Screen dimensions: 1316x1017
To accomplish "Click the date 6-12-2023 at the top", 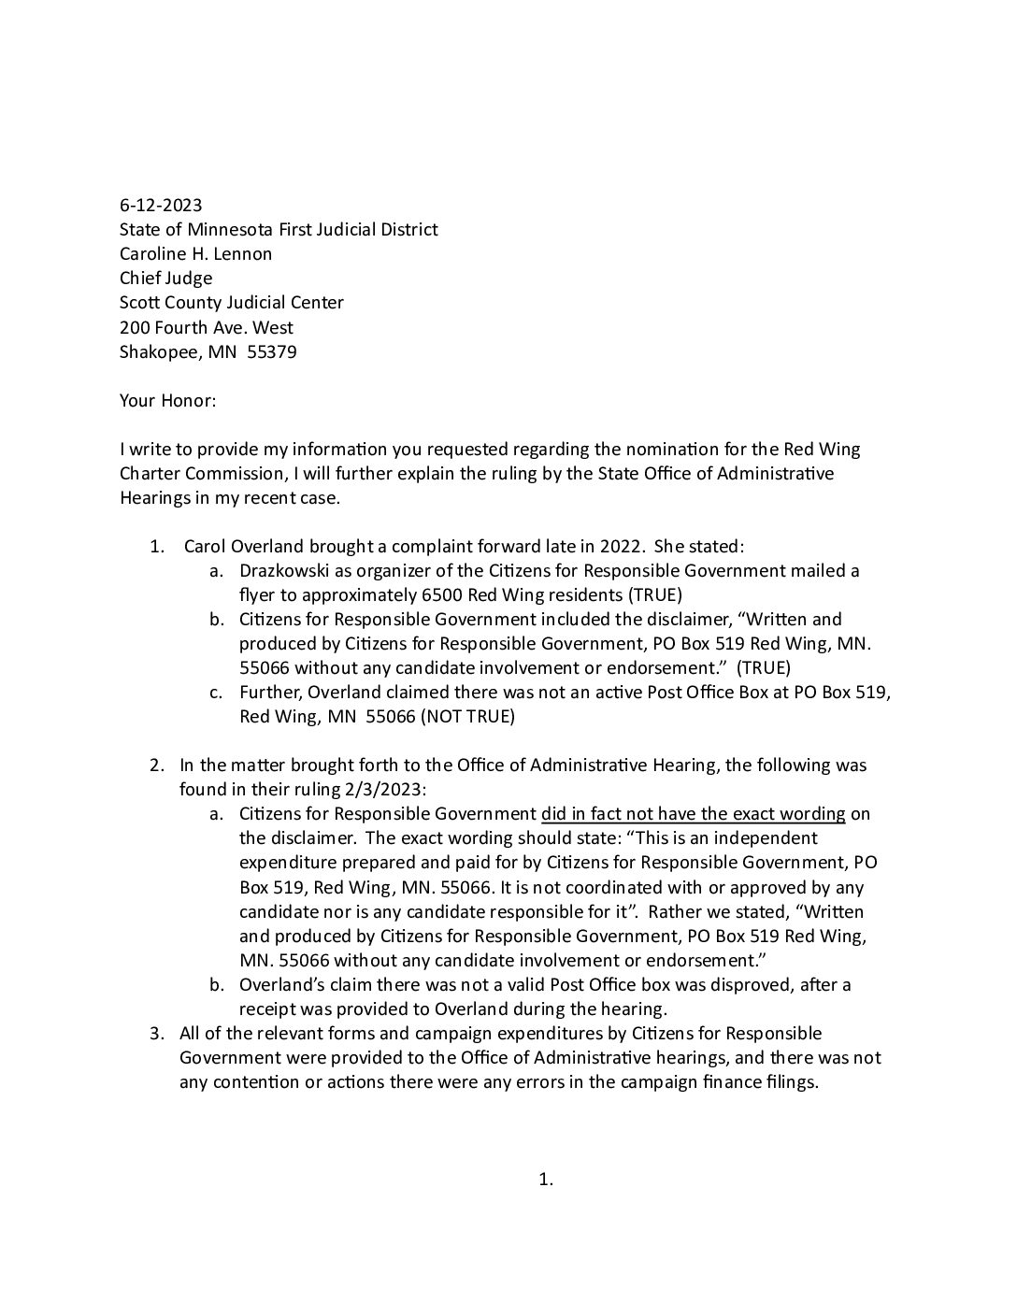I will tap(161, 205).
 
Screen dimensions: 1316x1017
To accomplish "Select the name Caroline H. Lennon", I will tap(195, 253).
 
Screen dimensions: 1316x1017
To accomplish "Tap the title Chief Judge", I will tap(165, 278).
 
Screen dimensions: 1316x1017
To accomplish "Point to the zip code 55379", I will tap(272, 352).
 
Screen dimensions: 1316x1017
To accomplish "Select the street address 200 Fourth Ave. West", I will tap(206, 327).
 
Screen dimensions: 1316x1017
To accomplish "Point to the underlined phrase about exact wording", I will tap(693, 813).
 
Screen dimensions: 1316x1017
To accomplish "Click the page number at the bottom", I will tap(546, 1180).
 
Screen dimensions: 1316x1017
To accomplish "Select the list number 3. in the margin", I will tap(158, 1033).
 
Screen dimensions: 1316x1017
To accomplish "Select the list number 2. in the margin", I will tap(158, 765).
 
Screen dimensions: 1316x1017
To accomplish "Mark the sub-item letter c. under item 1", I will tap(216, 693).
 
